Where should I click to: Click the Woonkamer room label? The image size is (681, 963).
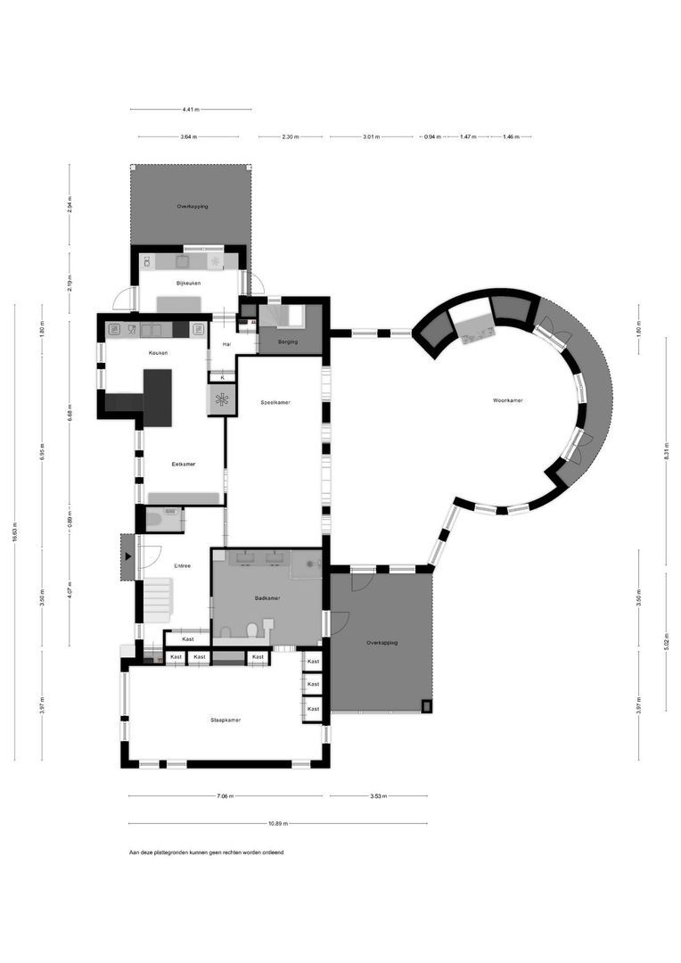(x=508, y=401)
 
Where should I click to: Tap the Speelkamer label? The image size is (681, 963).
(x=275, y=402)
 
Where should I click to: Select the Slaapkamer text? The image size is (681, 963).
(x=226, y=720)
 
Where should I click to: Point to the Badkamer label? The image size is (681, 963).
(x=267, y=598)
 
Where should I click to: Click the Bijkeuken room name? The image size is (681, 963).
(x=188, y=284)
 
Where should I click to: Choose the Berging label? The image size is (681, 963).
(x=287, y=342)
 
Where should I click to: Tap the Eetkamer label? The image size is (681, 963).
(x=184, y=464)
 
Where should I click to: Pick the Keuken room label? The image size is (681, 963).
(x=159, y=353)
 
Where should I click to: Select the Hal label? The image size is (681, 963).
(x=226, y=343)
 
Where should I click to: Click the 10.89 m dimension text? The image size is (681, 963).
(x=277, y=824)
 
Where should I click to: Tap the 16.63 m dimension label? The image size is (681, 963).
(x=15, y=533)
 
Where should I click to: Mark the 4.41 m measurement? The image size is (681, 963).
(x=190, y=110)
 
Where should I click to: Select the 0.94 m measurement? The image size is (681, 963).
(x=431, y=137)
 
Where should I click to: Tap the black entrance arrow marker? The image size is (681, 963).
(x=127, y=557)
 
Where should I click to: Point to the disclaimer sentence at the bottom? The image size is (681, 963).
(x=206, y=853)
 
